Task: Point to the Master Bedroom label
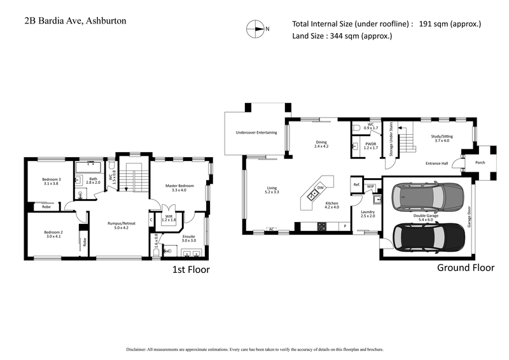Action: (180, 185)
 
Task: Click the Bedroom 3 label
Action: (52, 179)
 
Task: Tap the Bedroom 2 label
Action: (53, 233)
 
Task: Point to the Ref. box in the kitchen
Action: (356, 185)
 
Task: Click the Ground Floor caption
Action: (465, 268)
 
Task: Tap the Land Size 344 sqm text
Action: (342, 36)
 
